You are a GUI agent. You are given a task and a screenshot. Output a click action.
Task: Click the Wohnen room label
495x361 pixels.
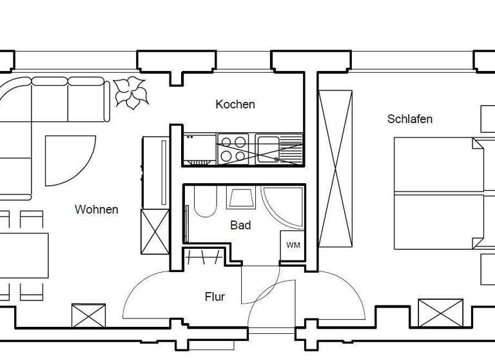point(97,210)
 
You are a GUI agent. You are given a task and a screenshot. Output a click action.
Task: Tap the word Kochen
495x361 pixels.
point(235,104)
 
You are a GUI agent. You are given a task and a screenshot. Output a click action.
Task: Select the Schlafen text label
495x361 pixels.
point(410,119)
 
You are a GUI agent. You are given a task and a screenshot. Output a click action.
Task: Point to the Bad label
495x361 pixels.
point(240,226)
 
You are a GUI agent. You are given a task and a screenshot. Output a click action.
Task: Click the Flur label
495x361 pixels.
point(215,297)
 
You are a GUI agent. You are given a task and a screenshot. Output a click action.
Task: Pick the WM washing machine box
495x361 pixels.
point(293,246)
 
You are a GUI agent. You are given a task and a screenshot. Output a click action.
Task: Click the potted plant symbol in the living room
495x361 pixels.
point(131,92)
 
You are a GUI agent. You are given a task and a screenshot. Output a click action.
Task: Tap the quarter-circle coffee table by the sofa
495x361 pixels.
point(64,158)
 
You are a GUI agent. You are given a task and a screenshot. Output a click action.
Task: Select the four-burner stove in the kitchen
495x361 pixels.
point(233,148)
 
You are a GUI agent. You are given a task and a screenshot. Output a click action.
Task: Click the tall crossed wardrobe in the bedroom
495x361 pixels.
point(335,168)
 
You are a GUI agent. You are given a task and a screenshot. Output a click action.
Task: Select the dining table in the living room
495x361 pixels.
point(24,255)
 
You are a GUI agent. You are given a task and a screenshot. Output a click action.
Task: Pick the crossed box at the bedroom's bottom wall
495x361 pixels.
point(440,313)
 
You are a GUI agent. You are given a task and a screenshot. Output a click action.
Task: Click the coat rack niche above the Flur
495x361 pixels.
point(204,257)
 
